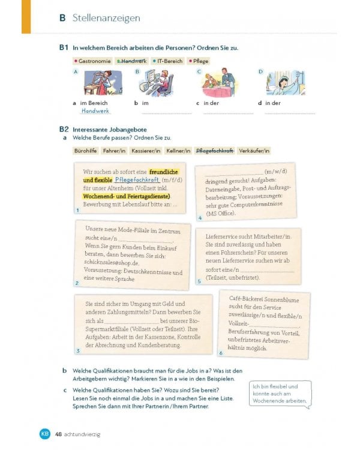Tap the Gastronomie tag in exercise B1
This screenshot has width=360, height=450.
pyautogui.click(x=93, y=61)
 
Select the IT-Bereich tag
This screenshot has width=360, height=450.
pyautogui.click(x=167, y=61)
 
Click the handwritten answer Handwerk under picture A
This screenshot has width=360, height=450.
pyautogui.click(x=96, y=111)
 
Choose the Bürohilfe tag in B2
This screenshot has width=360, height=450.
pyautogui.click(x=85, y=151)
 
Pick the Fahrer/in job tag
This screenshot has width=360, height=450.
pyautogui.click(x=115, y=151)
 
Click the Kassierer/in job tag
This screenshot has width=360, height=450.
pyautogui.click(x=146, y=151)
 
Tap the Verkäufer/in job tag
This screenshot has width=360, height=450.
pyautogui.click(x=254, y=151)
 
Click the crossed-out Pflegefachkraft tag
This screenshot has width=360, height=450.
pyautogui.click(x=215, y=151)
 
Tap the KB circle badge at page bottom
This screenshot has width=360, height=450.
pyautogui.click(x=44, y=434)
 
